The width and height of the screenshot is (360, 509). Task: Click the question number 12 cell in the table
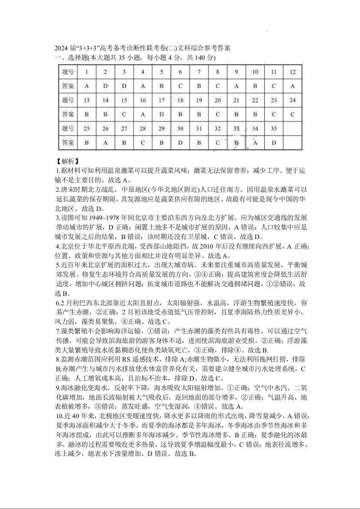coord(292,72)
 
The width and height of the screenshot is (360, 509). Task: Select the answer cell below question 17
coord(161,114)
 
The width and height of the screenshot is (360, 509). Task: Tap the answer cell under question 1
coord(86,86)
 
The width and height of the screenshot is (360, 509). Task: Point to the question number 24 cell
coord(292,100)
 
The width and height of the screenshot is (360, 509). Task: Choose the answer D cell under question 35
coord(274,142)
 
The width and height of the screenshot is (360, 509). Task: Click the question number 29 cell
coord(161,128)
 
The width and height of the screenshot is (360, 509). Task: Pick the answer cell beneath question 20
coord(217,114)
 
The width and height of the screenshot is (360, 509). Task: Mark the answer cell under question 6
coord(180,86)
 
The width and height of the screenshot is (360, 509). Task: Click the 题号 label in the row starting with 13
coord(68,100)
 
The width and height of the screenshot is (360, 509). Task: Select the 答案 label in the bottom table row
coord(68,142)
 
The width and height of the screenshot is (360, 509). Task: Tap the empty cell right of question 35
coord(292,128)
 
